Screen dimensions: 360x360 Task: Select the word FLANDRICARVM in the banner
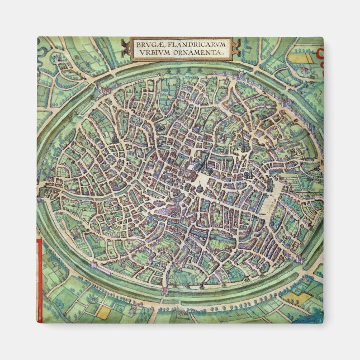pyautogui.click(x=192, y=44)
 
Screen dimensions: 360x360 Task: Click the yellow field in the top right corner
pyautogui.click(x=302, y=55)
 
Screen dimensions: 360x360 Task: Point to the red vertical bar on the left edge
pyautogui.click(x=39, y=280)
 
